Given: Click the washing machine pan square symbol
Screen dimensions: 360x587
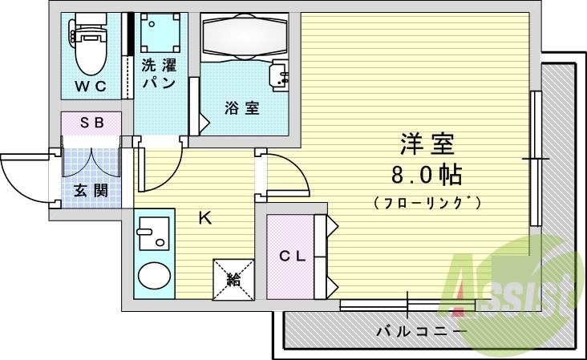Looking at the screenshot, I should [x=159, y=33].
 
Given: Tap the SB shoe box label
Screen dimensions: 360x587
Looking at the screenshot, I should [x=91, y=122].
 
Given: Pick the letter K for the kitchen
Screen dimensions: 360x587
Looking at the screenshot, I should [x=204, y=217].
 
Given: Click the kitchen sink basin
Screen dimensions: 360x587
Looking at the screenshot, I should [x=153, y=238].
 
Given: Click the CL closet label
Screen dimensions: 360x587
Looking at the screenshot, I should [x=290, y=257].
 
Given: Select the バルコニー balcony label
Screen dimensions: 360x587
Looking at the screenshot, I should [x=421, y=330].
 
